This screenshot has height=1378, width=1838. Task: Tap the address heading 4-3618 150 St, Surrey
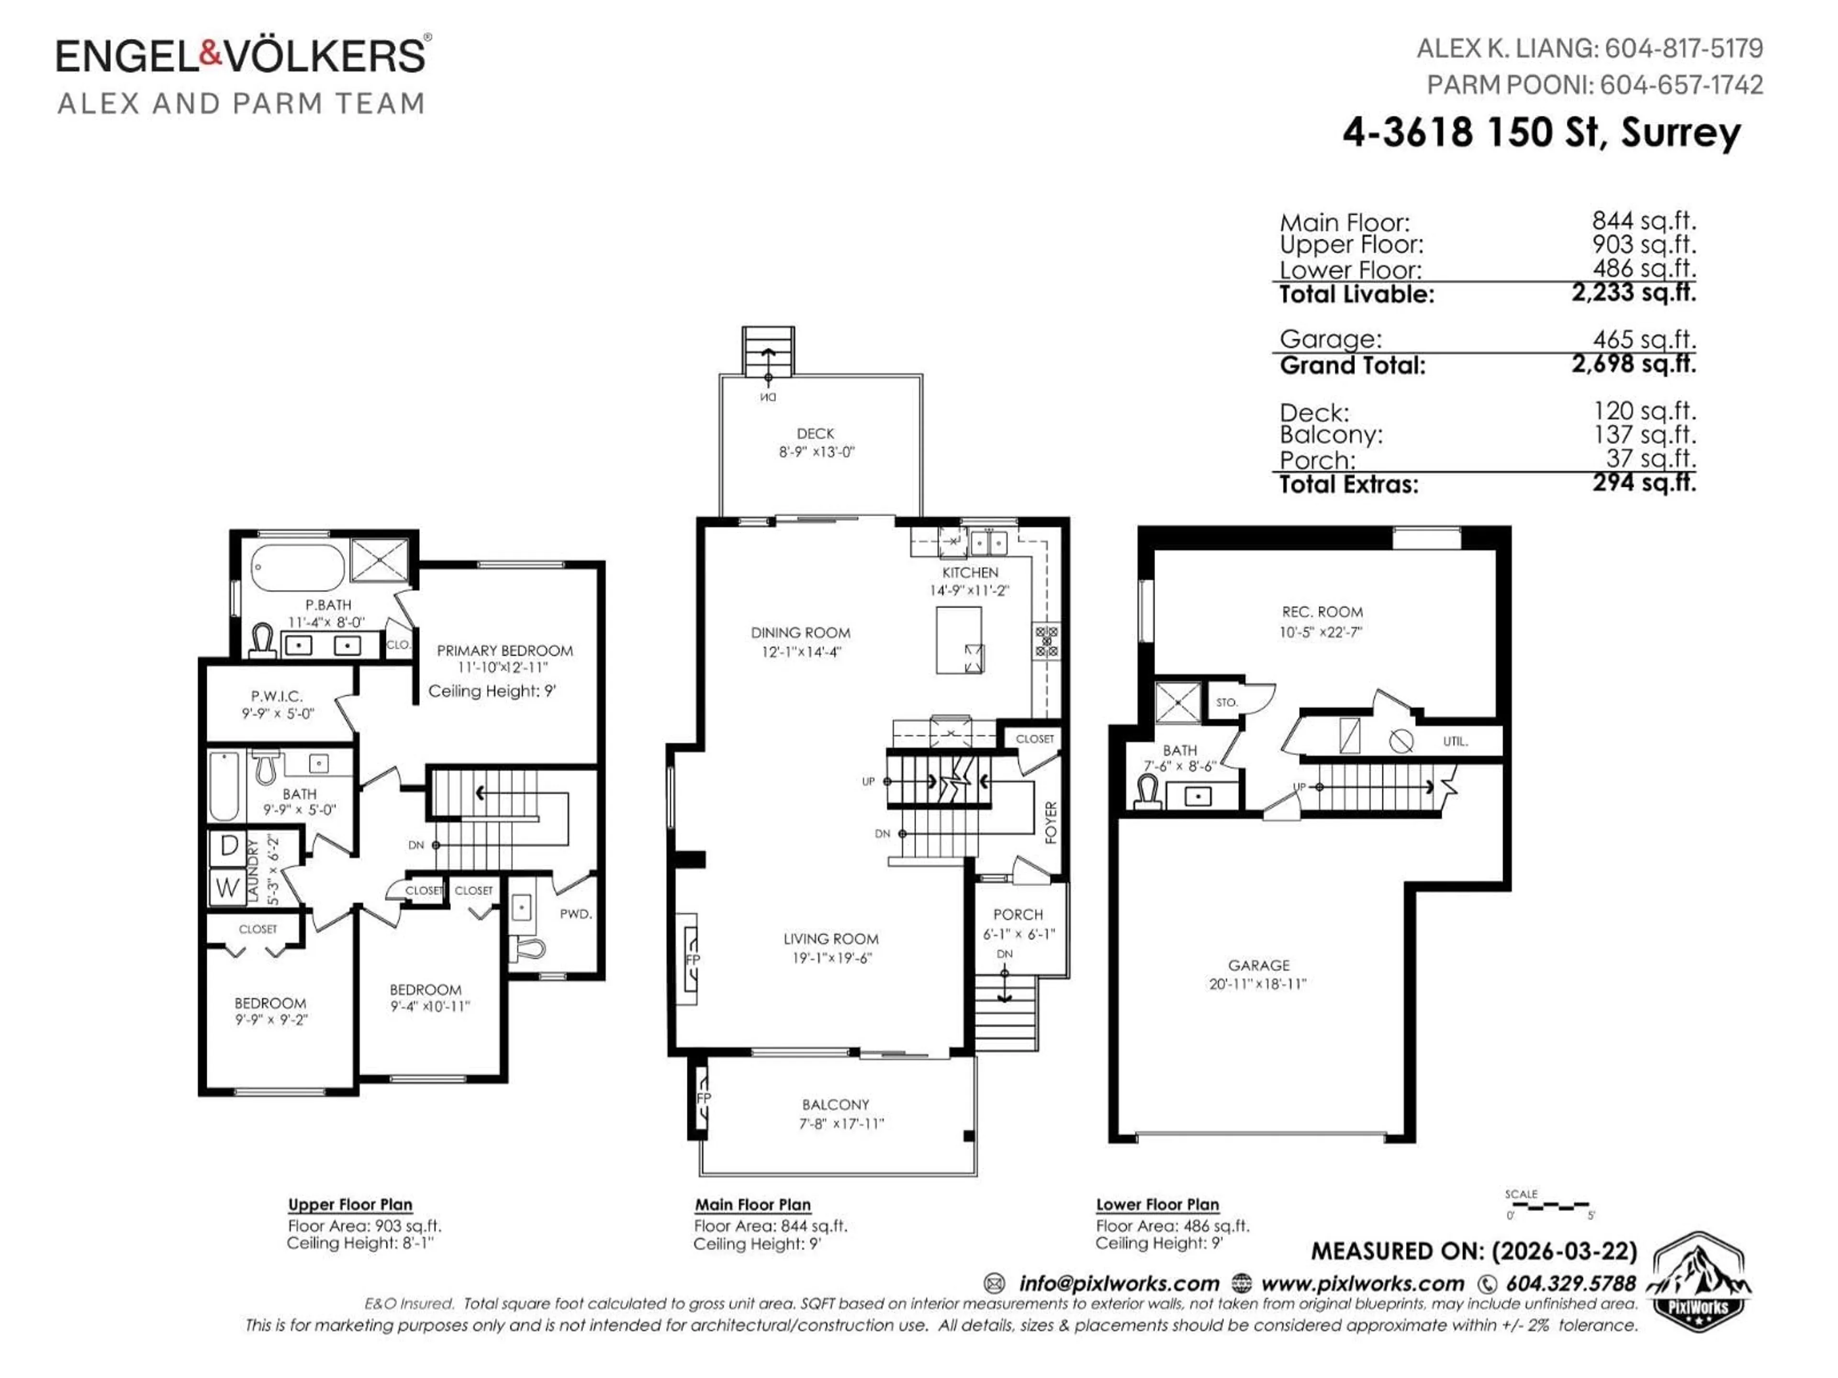(1541, 133)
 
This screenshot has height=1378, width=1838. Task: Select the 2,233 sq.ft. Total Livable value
(1633, 292)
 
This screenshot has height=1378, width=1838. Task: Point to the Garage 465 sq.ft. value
(1644, 339)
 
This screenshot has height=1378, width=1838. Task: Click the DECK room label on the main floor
(815, 433)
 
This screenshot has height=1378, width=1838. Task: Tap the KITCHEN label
(970, 572)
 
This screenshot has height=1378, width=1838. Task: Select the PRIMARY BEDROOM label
(504, 650)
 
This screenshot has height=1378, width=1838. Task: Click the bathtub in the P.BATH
(297, 568)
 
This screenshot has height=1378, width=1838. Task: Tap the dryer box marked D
(228, 846)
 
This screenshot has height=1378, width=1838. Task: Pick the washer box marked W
(228, 887)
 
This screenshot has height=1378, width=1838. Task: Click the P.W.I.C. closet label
(277, 696)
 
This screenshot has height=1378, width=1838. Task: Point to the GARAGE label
(1259, 965)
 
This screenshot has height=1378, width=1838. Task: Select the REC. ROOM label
(1322, 611)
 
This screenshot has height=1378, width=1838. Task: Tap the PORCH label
(1018, 914)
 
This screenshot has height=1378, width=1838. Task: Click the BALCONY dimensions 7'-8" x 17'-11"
(835, 1124)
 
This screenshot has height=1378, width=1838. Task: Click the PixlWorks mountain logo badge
(1697, 1281)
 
